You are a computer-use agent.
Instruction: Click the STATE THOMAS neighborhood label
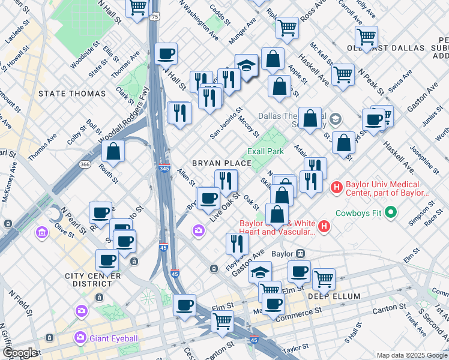tap(71, 94)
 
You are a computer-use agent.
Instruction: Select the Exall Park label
tap(266, 151)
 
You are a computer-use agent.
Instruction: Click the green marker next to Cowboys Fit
tap(391, 212)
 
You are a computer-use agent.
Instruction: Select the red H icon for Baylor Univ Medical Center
tap(336, 188)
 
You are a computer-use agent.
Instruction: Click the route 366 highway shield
tap(86, 165)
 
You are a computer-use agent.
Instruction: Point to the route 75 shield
tap(155, 17)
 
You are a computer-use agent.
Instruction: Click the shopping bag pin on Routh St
tap(113, 153)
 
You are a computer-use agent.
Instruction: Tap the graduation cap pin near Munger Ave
tap(246, 67)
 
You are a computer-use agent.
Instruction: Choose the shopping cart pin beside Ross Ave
tap(287, 27)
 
